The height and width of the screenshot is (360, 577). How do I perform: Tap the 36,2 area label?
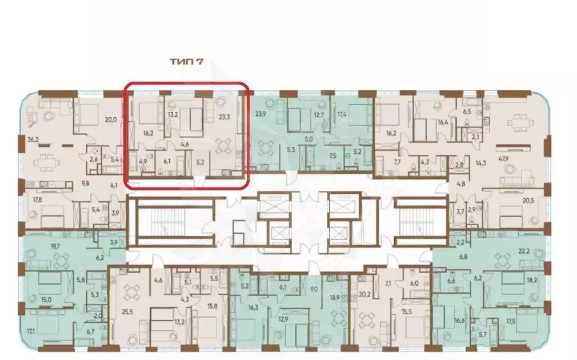click(x=33, y=139)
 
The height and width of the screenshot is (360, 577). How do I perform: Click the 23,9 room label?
click(x=263, y=113)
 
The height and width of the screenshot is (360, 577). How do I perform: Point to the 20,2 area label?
click(x=366, y=295)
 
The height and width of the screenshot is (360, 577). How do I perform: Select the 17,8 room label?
click(x=37, y=199)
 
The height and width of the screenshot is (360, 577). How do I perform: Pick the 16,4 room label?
click(x=443, y=122)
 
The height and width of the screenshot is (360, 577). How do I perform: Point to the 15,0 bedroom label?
click(x=46, y=299)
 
